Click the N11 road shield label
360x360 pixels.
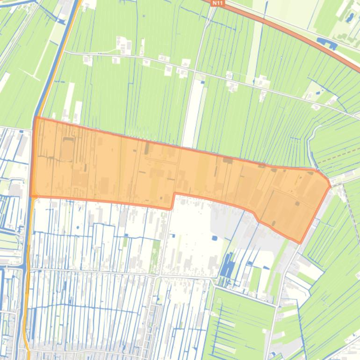(218, 3)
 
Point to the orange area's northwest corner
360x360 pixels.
(36, 118)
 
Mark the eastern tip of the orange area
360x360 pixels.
(330, 186)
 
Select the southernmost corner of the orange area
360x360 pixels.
(300, 242)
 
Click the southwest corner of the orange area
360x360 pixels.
(31, 196)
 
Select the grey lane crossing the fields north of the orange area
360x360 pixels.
(210, 75)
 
